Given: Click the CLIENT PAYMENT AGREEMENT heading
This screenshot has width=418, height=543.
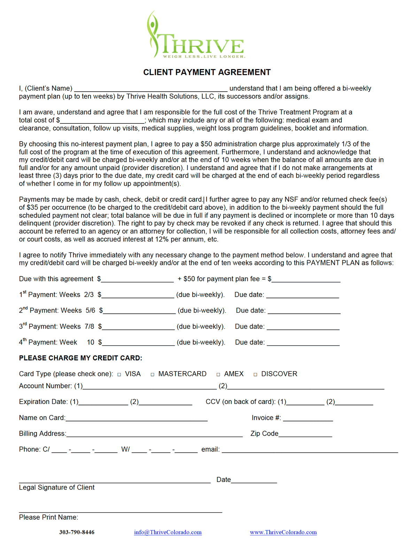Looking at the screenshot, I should pos(207,72).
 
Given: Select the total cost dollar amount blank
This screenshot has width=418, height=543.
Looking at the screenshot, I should pos(102,121).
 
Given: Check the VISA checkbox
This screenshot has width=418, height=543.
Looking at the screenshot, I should pos(119,374).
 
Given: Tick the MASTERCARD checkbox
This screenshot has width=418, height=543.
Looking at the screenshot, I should pos(153,374).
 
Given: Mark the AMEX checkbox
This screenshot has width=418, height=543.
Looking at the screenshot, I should pos(218,374).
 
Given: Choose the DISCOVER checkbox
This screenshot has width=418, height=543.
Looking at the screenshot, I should pos(255,374).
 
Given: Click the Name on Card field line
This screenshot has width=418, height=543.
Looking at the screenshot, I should pos(137,418).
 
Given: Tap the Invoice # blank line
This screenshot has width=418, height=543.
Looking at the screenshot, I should pos(308,418).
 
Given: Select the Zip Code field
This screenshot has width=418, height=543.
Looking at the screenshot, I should pos(305,434).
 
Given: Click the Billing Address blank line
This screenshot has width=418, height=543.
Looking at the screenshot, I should pos(154,434).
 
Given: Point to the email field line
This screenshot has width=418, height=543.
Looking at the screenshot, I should pos(310,450).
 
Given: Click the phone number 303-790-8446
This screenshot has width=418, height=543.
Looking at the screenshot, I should pos(77,532).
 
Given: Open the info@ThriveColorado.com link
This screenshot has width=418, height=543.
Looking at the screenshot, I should pos(168,532).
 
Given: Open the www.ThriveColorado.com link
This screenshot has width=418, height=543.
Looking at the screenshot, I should pos(283,532).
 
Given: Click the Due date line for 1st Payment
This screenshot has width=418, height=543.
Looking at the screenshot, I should pos(303,295).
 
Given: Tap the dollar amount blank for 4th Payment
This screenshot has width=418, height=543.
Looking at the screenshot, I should pos(138,343).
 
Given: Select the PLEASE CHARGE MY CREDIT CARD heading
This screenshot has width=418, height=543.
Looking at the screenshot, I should pos(80,358).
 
